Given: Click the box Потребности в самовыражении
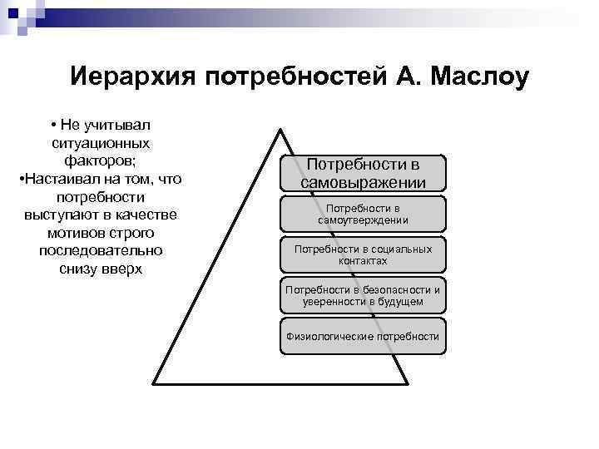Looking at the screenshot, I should tap(363, 173).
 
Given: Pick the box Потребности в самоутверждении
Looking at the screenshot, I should tap(363, 214).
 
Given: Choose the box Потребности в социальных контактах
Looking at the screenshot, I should tap(363, 254).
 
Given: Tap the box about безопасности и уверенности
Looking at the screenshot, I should tap(363, 296).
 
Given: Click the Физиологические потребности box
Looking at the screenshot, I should tap(363, 337).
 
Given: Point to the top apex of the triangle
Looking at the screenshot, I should tap(281, 128).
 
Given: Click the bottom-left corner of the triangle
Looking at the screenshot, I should tap(153, 383).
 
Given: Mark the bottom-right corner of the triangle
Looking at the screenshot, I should tap(408, 383).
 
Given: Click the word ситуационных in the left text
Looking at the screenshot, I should tap(101, 142).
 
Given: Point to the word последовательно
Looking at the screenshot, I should tap(101, 251).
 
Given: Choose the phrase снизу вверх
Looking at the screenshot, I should tap(101, 269).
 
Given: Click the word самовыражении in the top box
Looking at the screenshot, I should tap(363, 182).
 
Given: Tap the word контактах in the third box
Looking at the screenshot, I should tap(363, 261).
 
